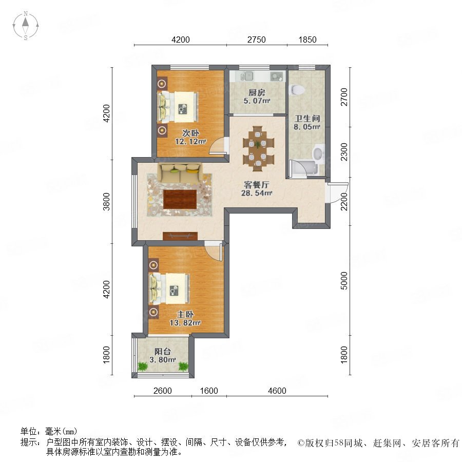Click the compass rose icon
click(x=26, y=26)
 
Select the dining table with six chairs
click(x=258, y=148)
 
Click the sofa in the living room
click(x=180, y=172)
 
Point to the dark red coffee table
click(x=180, y=199)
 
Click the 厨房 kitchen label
click(x=257, y=92)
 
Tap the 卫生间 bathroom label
click(x=307, y=119)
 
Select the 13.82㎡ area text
click(x=185, y=323)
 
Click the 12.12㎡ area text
click(x=190, y=142)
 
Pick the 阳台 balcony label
click(x=162, y=351)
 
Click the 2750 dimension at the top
click(x=256, y=40)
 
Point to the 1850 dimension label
click(x=307, y=40)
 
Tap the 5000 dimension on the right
click(x=344, y=280)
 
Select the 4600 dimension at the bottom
click(x=277, y=391)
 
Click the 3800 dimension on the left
click(x=106, y=202)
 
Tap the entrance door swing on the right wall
click(x=337, y=192)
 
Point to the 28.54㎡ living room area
click(x=257, y=193)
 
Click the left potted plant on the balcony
click(x=143, y=366)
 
